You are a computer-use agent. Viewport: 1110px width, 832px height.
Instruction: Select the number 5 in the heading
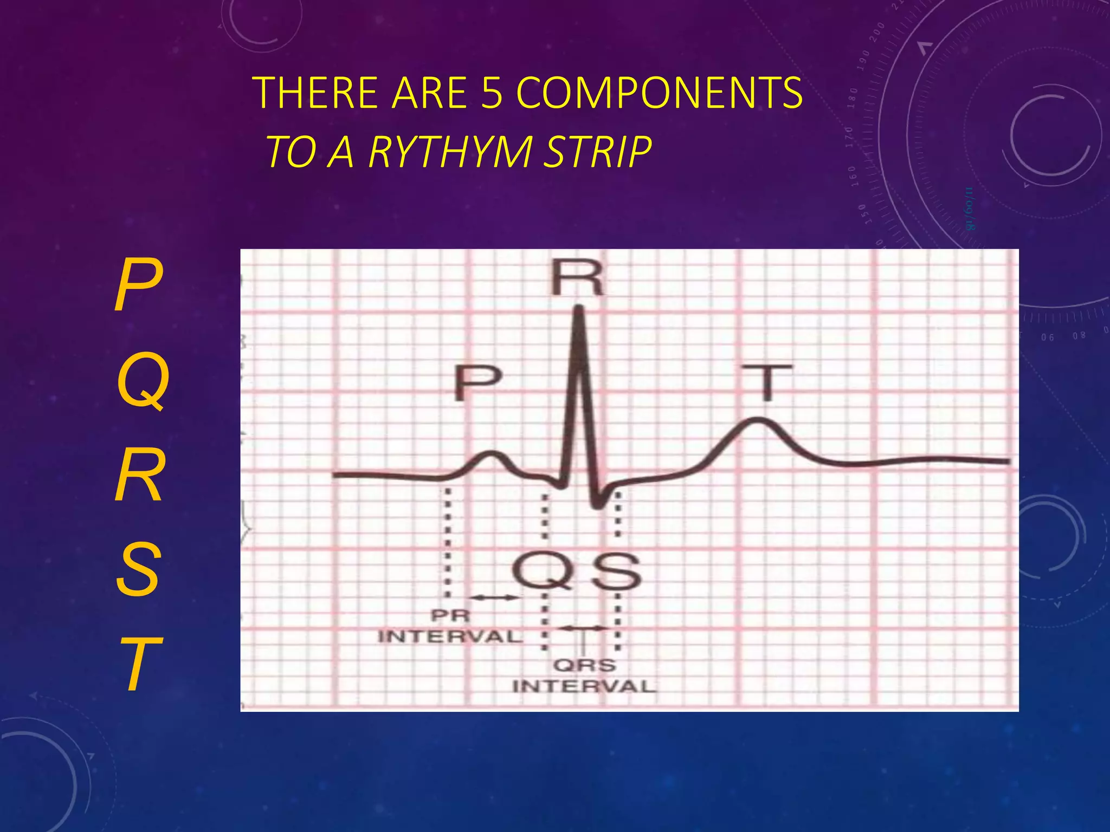492,93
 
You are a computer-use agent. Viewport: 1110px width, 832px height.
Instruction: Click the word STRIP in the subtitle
597,152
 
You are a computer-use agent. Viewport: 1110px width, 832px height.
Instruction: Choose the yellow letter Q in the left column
143,381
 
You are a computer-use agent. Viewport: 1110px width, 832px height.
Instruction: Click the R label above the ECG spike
577,278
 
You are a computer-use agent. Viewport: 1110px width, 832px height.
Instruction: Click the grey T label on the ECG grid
766,381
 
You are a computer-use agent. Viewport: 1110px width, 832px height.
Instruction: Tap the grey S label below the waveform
616,572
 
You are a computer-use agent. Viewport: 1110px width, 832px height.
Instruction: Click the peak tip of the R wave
579,309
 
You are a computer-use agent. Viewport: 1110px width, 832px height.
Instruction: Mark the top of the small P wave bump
492,452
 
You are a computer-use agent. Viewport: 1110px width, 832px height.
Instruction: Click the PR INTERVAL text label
450,626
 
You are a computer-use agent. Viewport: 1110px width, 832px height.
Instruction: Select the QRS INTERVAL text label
584,676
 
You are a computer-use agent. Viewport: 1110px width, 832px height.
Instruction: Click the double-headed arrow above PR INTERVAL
494,597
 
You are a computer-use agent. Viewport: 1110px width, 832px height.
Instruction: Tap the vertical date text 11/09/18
969,209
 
